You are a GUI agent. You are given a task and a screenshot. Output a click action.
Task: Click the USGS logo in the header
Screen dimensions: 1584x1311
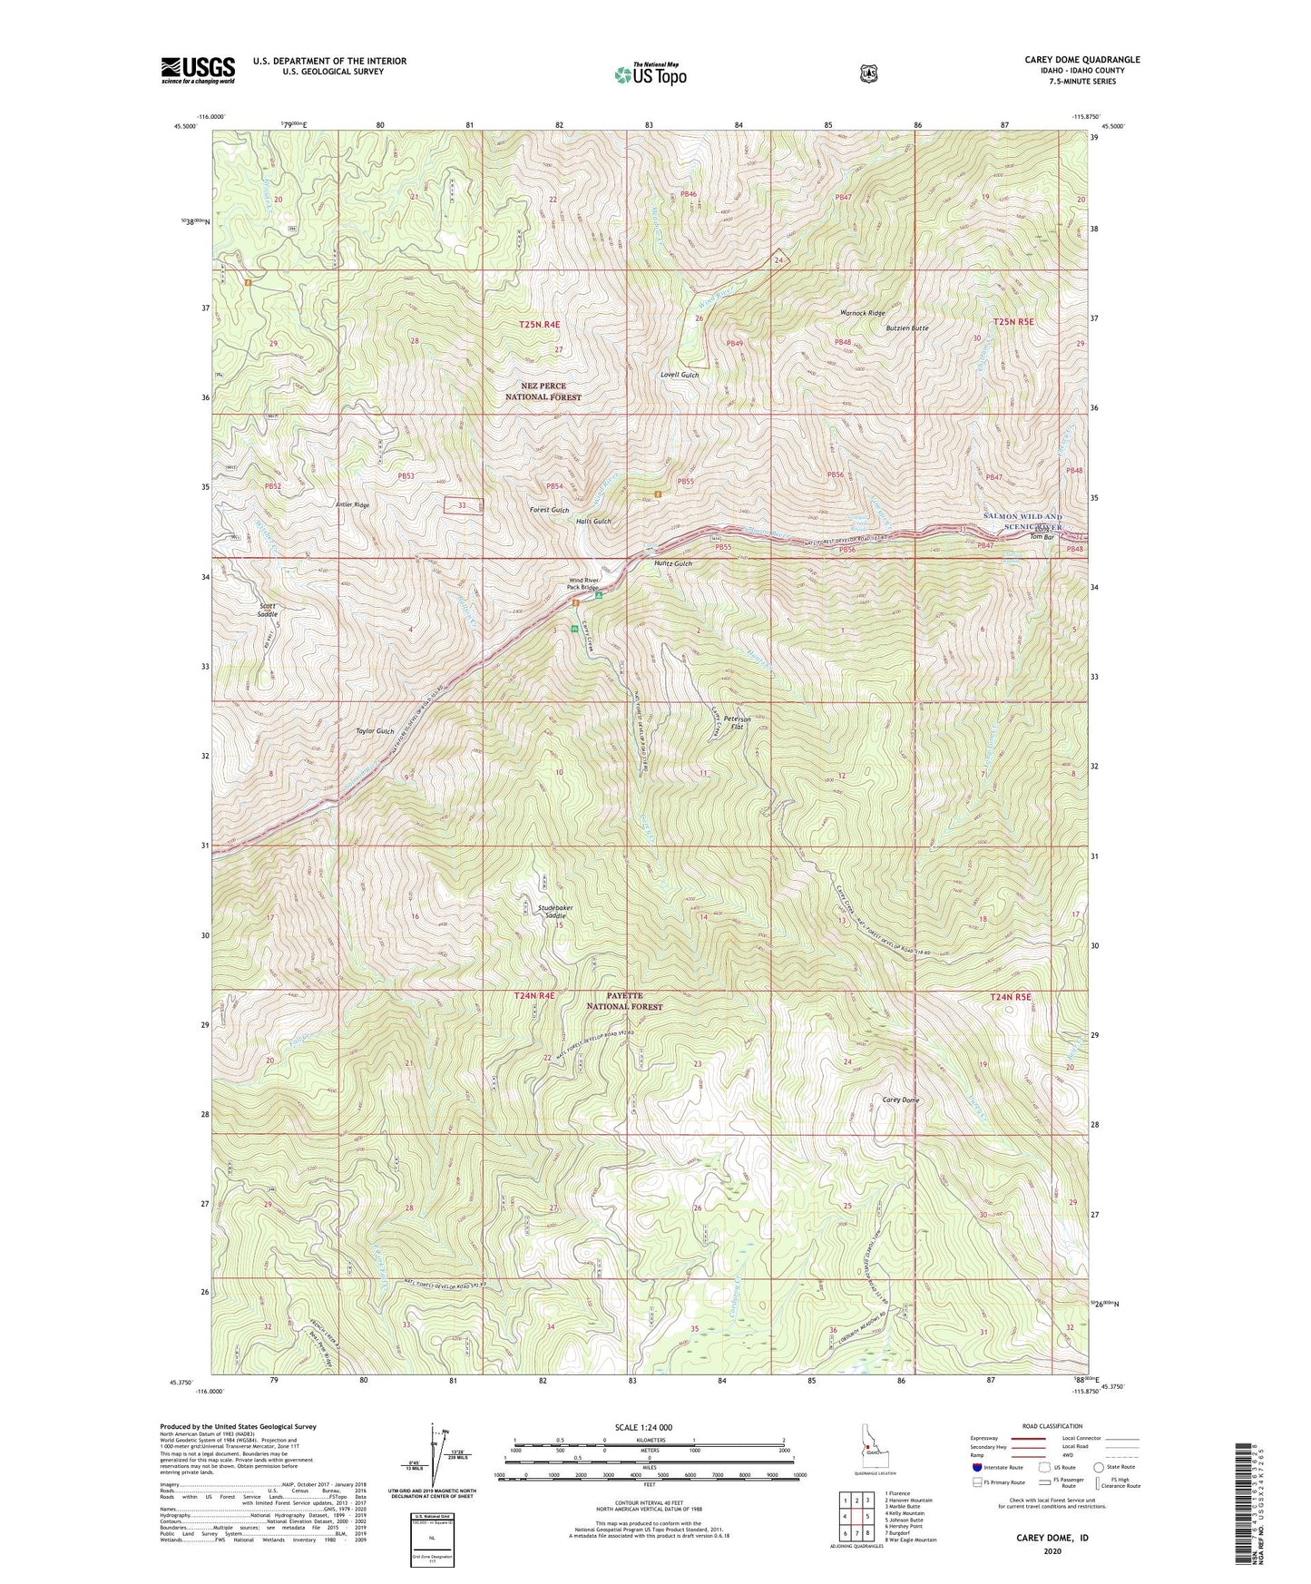[198, 70]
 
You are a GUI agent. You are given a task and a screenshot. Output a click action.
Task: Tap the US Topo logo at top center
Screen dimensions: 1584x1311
[649, 74]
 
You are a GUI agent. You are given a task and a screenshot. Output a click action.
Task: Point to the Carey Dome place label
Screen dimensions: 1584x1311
[901, 1100]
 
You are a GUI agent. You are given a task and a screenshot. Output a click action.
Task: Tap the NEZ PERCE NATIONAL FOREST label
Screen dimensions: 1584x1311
[543, 391]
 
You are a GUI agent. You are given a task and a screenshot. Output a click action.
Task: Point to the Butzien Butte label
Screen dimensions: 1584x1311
[907, 328]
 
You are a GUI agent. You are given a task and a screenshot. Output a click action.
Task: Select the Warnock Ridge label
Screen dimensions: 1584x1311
[862, 313]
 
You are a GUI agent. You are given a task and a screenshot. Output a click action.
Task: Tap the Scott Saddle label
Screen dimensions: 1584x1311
[268, 610]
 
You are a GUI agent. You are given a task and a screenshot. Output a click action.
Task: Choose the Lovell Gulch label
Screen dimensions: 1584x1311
[680, 375]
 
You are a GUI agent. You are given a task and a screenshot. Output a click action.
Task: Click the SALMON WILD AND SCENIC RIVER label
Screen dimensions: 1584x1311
[1022, 522]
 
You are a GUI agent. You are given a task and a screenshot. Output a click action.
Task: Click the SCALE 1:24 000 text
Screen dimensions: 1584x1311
[643, 1427]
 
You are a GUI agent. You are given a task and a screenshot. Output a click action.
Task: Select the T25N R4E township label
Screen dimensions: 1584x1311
[539, 324]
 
